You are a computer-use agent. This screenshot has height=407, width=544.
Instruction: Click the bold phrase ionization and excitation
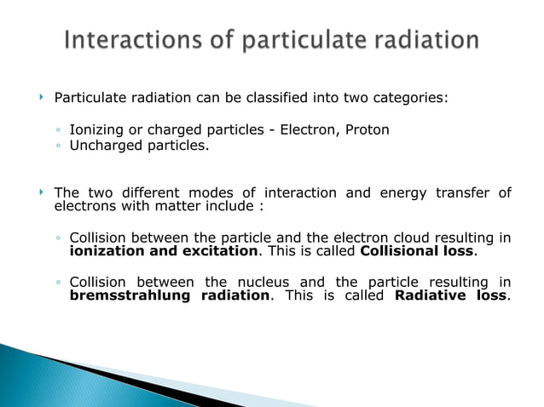(x=163, y=252)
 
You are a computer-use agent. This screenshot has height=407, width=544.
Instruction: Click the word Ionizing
(x=96, y=129)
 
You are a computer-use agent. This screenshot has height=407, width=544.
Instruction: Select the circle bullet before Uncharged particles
(x=58, y=146)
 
